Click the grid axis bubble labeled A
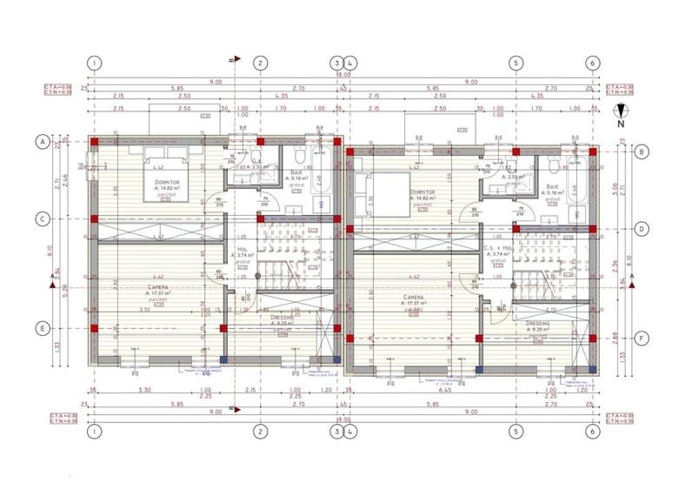click(x=41, y=140)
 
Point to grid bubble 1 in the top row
click(x=96, y=63)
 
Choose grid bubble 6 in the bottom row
click(x=592, y=430)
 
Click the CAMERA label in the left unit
click(x=157, y=287)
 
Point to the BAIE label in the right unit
click(x=552, y=186)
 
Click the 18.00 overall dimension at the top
click(x=343, y=77)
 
